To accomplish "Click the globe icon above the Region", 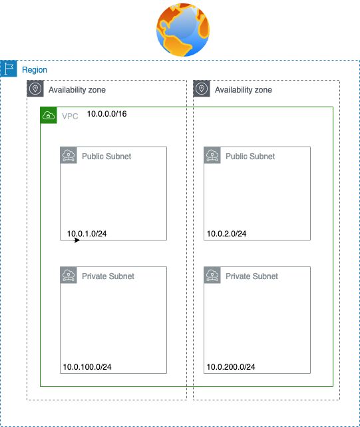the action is pos(183,30).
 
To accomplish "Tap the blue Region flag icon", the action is pos(9,69).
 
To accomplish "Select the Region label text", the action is pos(35,70).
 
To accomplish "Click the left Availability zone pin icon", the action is pos(35,89).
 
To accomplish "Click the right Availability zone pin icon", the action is pos(202,89).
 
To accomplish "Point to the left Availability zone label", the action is pos(77,90).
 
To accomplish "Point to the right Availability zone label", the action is pos(244,90).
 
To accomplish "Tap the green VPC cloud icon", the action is pos(49,115).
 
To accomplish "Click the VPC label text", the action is pos(70,117).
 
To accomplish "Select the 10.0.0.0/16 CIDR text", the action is pos(106,114).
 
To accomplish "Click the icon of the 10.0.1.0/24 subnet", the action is pos(69,155).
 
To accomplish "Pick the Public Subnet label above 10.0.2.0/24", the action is pos(250,157).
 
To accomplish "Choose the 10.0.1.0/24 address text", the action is pos(87,234).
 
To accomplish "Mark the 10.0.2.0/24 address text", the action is pos(226,234).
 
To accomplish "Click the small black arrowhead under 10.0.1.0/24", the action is pos(77,240).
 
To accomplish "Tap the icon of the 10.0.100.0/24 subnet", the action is pos(69,275).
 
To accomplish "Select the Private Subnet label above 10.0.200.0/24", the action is pos(252,276).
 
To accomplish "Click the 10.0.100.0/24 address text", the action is pos(87,367).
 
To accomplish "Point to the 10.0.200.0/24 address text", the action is pos(231,367).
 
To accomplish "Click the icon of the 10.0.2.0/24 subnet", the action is pos(212,155).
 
